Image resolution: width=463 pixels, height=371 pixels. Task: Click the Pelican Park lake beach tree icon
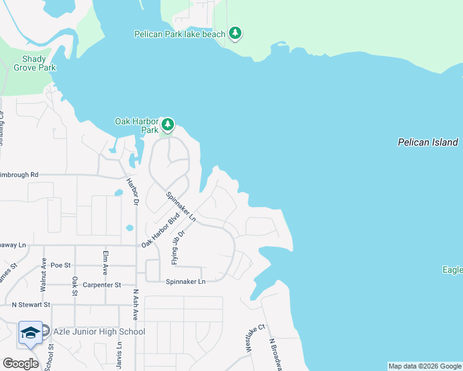point(235,33)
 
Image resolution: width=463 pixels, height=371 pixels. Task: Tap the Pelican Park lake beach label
point(180,34)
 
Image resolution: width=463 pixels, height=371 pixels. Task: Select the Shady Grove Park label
point(35,63)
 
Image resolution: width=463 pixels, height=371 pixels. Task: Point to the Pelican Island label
point(427,143)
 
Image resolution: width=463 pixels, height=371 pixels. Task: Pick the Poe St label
point(61,265)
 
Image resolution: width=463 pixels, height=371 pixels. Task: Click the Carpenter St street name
point(100,285)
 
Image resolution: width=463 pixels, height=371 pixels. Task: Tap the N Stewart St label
point(30,304)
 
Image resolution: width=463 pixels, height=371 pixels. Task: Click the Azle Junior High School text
point(99,332)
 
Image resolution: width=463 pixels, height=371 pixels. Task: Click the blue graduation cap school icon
point(30,333)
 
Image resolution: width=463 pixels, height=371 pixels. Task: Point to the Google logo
point(20,364)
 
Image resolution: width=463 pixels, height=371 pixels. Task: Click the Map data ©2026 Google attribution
point(425,366)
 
